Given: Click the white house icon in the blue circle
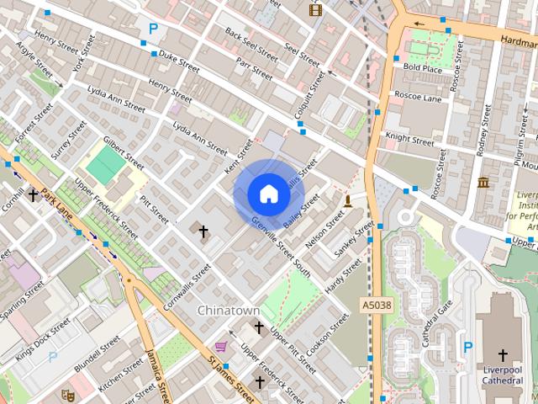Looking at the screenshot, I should pos(268,194).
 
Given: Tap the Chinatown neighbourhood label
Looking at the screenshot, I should pos(228,311).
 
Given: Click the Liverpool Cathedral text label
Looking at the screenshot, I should pos(503,375).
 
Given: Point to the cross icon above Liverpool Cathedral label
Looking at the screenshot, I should pos(503,354).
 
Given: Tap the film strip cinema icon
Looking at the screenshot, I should pos(315,10).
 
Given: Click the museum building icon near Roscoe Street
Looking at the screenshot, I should pos(483,183).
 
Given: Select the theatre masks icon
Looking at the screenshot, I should pos(67,393).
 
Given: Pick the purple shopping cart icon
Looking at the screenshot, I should pos(220,346).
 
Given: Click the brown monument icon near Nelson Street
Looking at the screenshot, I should pos(347,199).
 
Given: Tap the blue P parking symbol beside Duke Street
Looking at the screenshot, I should pos(153,29).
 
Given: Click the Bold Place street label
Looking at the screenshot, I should pos(422,66).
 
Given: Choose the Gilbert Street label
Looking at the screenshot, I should pos(124,151).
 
